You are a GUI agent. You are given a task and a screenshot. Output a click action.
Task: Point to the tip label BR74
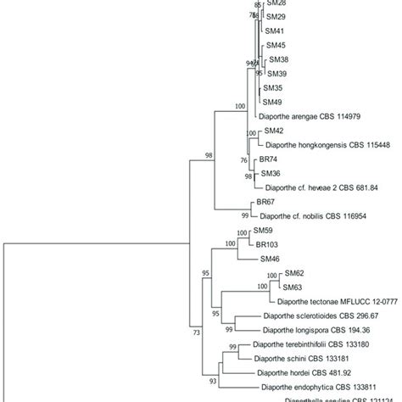pyautogui.click(x=269, y=159)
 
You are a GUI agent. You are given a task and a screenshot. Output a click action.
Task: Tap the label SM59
pyautogui.click(x=262, y=231)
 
